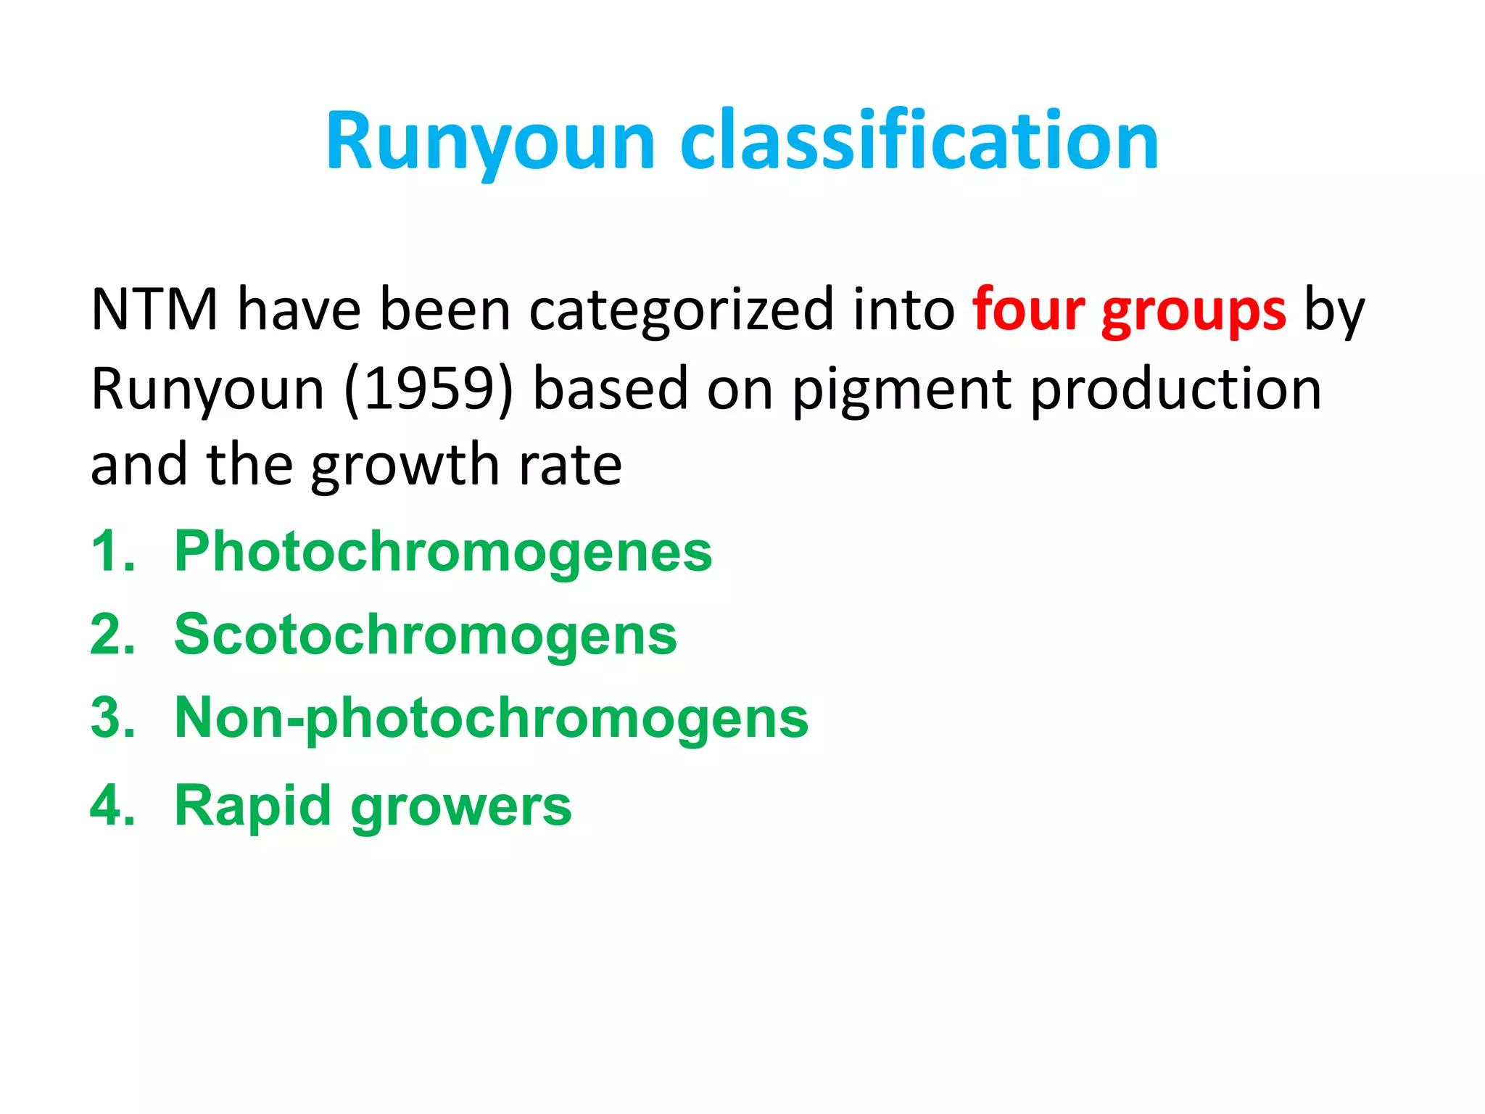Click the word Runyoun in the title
(x=490, y=141)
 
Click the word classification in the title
(x=919, y=141)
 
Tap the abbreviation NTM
(x=154, y=310)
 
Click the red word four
(x=1028, y=310)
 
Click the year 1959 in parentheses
(x=429, y=389)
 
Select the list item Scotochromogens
(x=426, y=635)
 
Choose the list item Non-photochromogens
(x=491, y=719)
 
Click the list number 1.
(x=111, y=551)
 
